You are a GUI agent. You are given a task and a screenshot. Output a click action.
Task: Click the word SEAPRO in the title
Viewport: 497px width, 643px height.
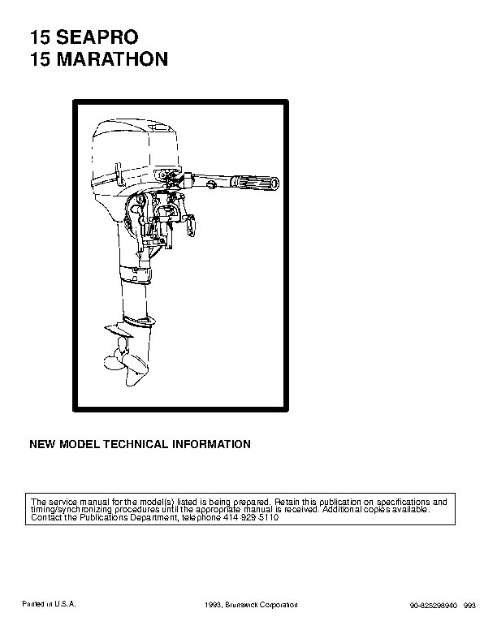click(x=97, y=37)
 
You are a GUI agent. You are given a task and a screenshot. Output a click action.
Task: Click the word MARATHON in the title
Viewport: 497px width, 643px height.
click(x=112, y=59)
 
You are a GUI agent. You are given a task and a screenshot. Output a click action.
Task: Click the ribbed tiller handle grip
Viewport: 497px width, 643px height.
click(x=255, y=182)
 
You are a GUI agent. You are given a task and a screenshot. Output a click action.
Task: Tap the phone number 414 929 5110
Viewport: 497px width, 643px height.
click(x=251, y=517)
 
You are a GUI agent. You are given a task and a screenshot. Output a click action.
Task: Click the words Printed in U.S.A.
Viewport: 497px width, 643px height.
click(x=49, y=604)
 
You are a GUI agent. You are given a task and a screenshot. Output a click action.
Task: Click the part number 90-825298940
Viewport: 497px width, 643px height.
click(x=434, y=606)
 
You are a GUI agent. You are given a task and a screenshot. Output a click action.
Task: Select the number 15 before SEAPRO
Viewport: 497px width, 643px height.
click(x=40, y=37)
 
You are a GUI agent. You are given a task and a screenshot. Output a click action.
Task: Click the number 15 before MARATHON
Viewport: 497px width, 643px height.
click(x=40, y=59)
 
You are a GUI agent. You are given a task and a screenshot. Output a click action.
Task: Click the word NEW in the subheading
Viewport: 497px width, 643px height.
click(x=41, y=445)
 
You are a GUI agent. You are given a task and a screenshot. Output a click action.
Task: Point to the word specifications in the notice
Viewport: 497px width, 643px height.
click(x=404, y=502)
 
